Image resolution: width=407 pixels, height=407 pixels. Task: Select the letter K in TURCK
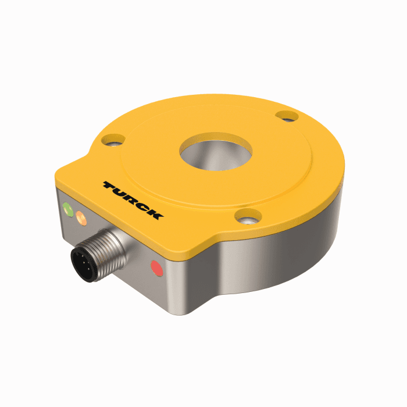pyautogui.click(x=155, y=214)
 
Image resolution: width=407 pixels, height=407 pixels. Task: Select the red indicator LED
pyautogui.click(x=156, y=268)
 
